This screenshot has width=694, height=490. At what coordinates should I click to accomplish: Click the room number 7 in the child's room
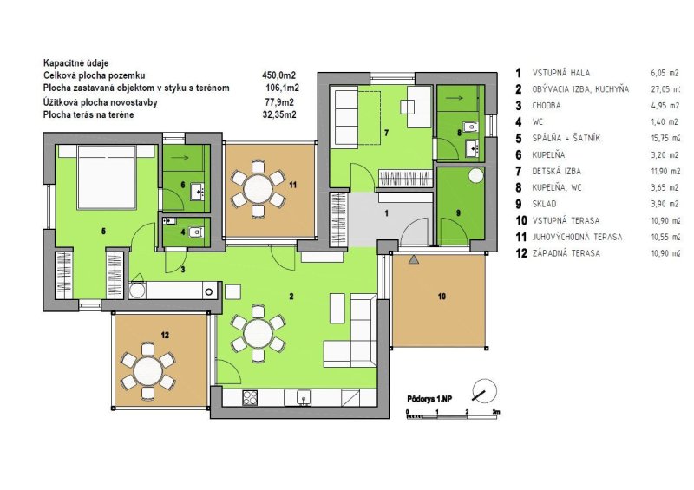click(x=386, y=133)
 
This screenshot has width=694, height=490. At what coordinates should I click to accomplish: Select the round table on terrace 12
click(x=148, y=371)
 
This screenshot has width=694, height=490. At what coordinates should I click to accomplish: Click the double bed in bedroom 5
click(x=106, y=176)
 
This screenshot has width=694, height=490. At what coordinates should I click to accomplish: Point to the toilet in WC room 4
click(x=197, y=232)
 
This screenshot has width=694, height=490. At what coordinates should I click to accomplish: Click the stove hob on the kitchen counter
click(x=250, y=397)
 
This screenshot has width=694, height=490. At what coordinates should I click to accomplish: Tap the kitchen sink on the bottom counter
click(x=304, y=397)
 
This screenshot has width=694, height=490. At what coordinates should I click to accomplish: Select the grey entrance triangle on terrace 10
click(x=414, y=260)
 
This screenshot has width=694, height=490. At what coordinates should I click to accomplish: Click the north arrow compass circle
click(x=484, y=390)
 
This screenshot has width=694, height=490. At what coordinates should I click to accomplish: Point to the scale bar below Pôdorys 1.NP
click(x=452, y=415)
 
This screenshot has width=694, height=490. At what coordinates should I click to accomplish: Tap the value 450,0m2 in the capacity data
click(x=278, y=75)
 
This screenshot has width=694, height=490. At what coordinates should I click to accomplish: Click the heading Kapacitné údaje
click(x=76, y=63)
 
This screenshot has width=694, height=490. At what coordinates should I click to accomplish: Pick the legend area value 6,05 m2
click(x=665, y=73)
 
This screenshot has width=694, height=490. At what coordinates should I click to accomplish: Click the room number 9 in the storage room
click(x=458, y=212)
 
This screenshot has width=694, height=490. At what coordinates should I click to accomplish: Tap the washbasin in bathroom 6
click(x=198, y=191)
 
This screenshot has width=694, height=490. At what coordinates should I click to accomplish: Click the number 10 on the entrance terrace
click(x=442, y=296)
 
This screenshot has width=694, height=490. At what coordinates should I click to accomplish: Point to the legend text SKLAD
click(x=544, y=204)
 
